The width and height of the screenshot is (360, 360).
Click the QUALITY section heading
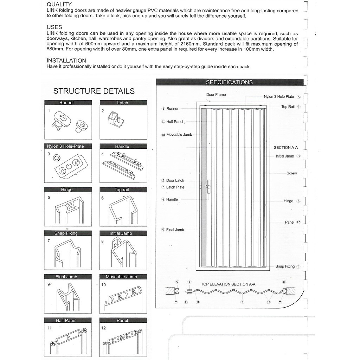(59, 5)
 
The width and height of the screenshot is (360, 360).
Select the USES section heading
(54, 27)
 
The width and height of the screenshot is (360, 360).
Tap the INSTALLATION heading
(66, 60)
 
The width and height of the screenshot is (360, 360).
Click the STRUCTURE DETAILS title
(94, 91)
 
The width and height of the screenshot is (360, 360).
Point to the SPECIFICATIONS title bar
(229, 82)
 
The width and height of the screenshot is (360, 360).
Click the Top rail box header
(122, 190)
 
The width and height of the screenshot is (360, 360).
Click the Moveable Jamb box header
(122, 277)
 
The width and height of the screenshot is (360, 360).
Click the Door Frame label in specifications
(216, 95)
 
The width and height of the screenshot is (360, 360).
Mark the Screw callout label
(291, 173)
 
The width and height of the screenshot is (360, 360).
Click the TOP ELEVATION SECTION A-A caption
(228, 284)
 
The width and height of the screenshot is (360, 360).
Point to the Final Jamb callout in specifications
(175, 230)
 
